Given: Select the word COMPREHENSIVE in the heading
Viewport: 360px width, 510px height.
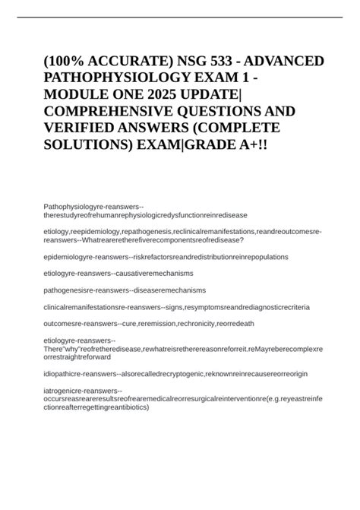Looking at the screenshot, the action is click(x=116, y=124).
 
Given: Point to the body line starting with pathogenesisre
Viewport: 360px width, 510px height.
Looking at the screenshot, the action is click(x=125, y=290).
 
